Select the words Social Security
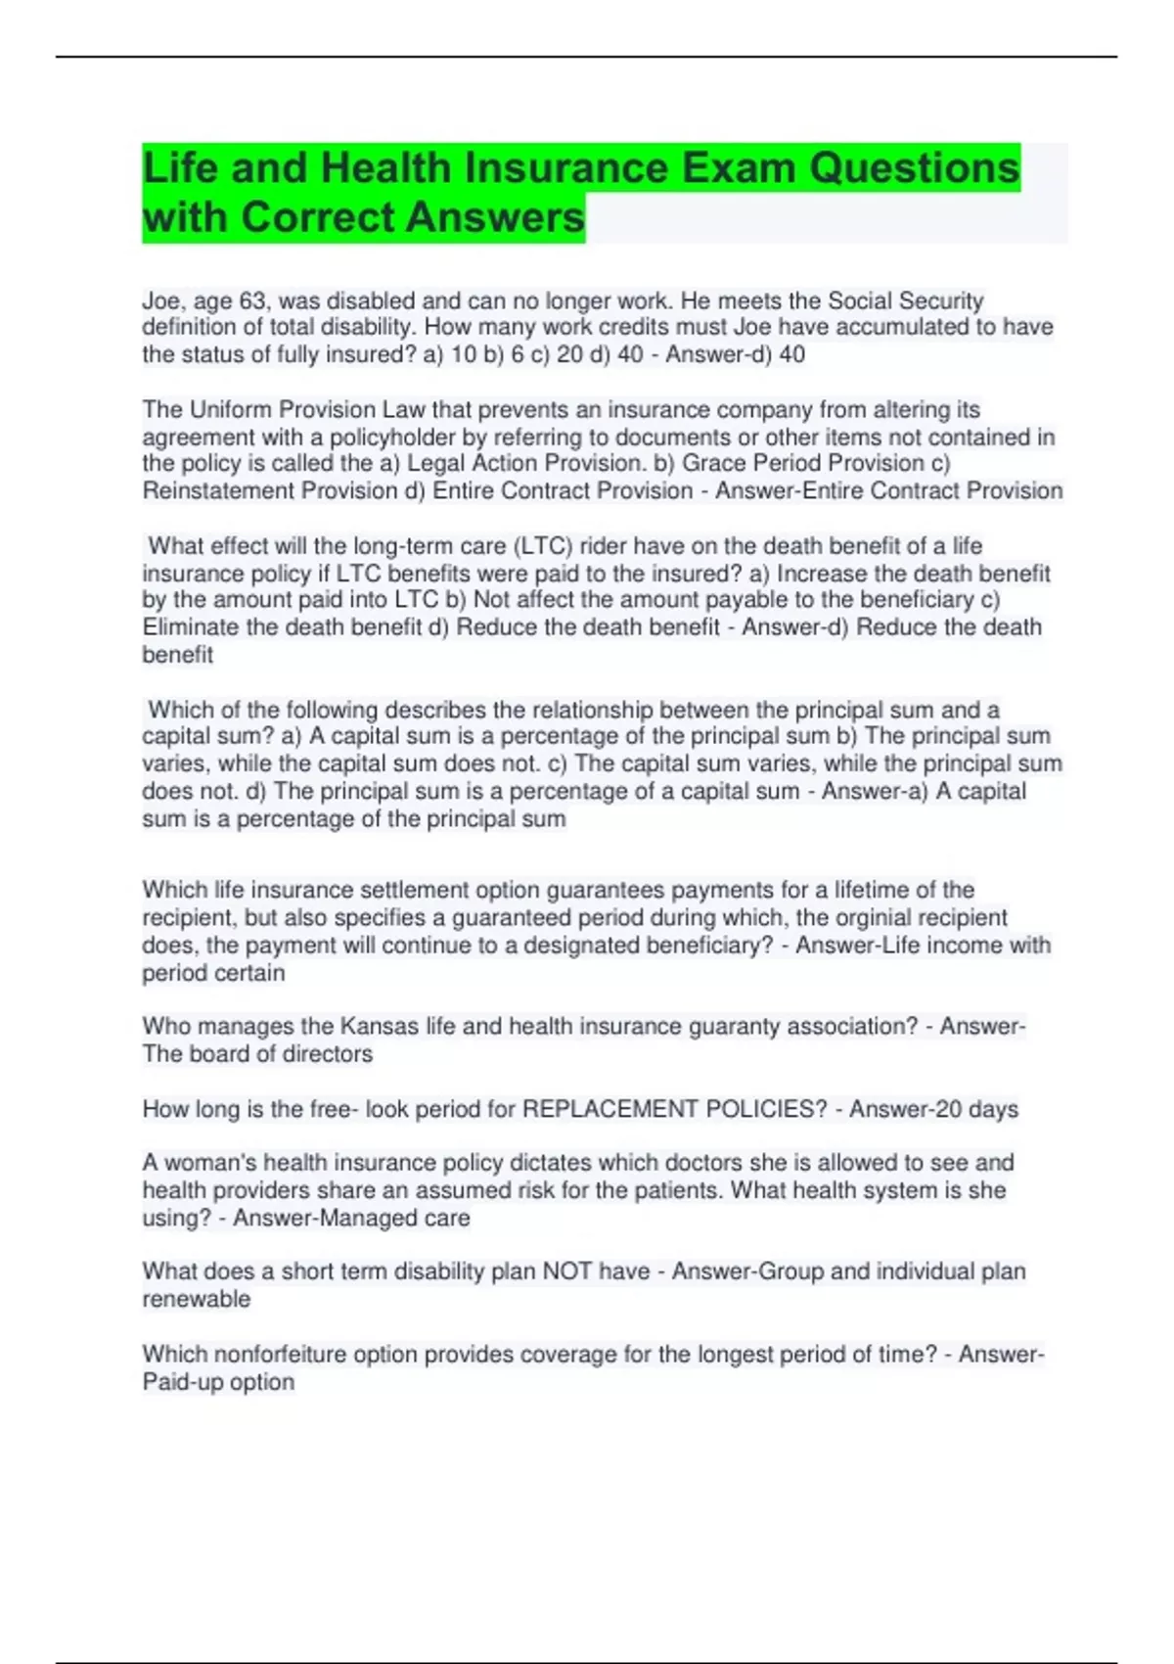tap(906, 300)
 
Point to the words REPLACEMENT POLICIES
tap(675, 1109)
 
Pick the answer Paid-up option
tap(218, 1382)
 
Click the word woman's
tap(211, 1163)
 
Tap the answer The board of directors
tap(257, 1054)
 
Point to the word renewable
tap(197, 1299)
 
